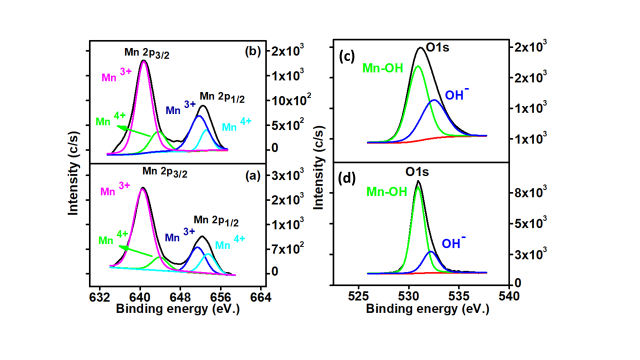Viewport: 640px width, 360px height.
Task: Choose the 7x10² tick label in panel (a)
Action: coord(286,248)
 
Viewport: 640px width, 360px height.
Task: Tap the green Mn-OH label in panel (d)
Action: coord(385,191)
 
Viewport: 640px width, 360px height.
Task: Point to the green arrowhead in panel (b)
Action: coord(120,127)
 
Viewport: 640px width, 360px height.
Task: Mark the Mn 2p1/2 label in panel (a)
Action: coord(216,220)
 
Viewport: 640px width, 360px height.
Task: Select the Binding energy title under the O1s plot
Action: coord(427,308)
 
